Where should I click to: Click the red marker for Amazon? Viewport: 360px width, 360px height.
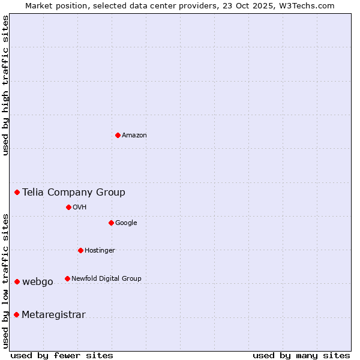(118, 135)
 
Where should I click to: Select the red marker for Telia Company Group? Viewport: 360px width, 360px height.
(17, 192)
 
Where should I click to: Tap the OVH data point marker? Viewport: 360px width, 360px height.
(68, 207)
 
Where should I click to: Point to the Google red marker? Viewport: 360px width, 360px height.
(111, 223)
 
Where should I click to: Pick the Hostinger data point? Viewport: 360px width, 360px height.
(80, 250)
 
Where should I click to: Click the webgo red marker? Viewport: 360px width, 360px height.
(17, 281)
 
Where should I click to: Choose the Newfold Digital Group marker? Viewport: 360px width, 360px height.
(67, 278)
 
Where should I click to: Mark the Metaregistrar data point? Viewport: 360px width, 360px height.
(16, 314)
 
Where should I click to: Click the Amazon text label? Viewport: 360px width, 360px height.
(134, 136)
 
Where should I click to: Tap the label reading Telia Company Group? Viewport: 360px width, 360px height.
(74, 193)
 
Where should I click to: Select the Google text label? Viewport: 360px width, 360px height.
(126, 223)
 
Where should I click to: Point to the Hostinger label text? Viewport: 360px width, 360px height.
(100, 251)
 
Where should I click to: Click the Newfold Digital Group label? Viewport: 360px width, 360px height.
(106, 278)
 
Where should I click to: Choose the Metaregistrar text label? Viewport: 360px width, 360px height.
(53, 315)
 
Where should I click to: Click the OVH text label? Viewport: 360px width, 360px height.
(79, 208)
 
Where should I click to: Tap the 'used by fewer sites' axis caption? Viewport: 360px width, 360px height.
(62, 355)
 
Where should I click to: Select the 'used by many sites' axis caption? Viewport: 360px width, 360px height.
(301, 355)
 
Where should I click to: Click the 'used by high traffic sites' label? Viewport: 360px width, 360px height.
(5, 85)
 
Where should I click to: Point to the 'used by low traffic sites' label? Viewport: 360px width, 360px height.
(5, 281)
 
